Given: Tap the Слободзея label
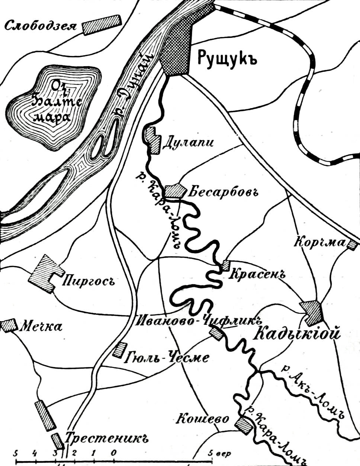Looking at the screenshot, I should [x=41, y=26].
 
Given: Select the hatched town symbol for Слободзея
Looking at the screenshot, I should [x=102, y=25].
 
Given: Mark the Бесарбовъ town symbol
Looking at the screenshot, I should [x=174, y=191].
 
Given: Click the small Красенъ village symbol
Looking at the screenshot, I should [x=226, y=266].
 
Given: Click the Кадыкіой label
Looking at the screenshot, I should [x=298, y=333].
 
